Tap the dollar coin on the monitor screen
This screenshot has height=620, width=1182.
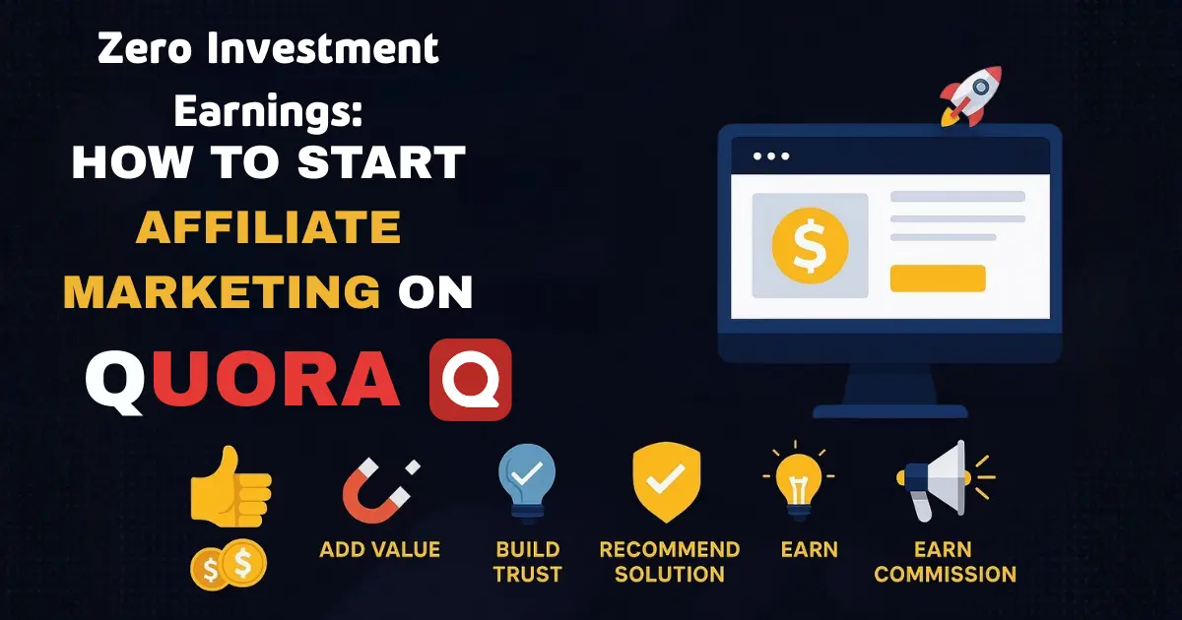point(810,245)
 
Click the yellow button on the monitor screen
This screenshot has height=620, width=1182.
point(937,279)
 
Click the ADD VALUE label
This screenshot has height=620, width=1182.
point(379,549)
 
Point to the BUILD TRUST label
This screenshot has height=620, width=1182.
point(528,561)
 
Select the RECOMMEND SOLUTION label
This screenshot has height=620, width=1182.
point(669,561)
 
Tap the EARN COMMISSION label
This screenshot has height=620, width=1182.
point(945,561)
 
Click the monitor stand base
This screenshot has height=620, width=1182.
point(889,409)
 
